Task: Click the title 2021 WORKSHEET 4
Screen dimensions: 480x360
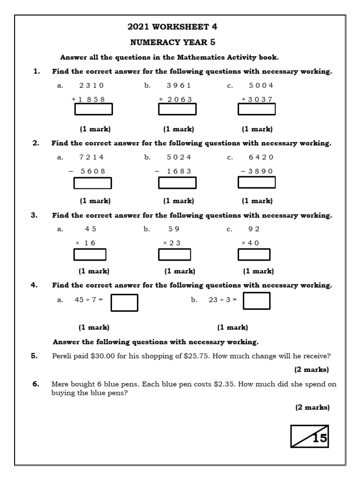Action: [172, 27]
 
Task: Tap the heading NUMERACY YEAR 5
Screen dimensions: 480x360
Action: [172, 42]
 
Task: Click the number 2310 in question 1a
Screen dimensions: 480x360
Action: [91, 85]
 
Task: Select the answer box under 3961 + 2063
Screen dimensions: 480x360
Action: [177, 109]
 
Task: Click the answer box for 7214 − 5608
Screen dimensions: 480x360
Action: [93, 183]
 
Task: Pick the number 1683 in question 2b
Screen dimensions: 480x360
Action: [179, 171]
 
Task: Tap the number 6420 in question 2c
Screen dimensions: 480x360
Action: [261, 157]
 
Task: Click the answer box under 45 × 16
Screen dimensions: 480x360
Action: [90, 255]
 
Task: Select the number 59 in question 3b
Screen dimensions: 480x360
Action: [174, 229]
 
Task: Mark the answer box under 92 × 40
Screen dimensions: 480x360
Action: [254, 255]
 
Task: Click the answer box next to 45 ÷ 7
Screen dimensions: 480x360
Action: [124, 302]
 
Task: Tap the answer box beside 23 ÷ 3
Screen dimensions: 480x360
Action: [256, 301]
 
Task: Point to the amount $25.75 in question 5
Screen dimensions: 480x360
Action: [198, 356]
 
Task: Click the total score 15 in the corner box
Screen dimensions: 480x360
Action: [319, 438]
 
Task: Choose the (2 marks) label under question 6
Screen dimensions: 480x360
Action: [312, 407]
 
